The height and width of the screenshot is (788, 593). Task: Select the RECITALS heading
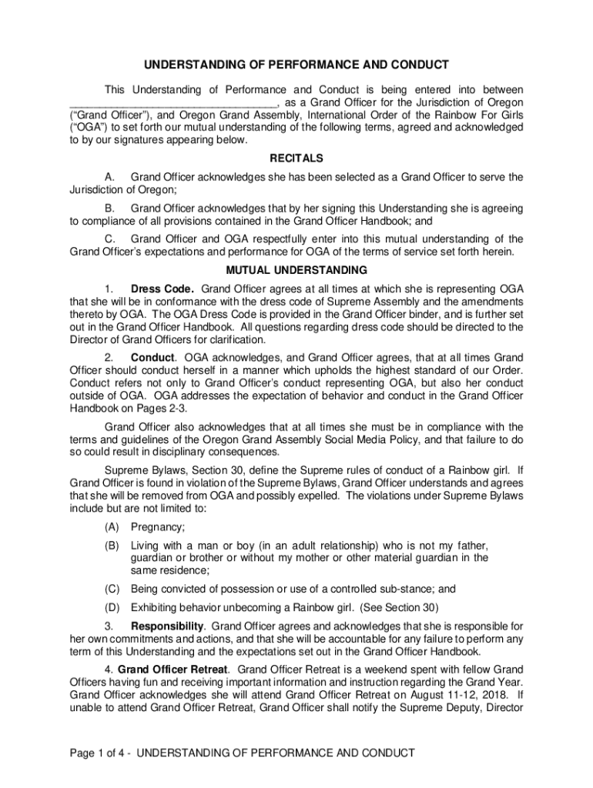point(296,159)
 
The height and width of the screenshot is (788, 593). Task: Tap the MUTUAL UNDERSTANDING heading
point(296,270)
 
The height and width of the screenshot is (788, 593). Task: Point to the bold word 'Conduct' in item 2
point(153,357)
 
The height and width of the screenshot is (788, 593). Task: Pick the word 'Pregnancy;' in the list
point(158,527)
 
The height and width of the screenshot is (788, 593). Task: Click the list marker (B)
point(112,546)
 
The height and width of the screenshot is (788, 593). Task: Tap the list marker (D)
point(112,607)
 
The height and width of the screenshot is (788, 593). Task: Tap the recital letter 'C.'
point(111,239)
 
